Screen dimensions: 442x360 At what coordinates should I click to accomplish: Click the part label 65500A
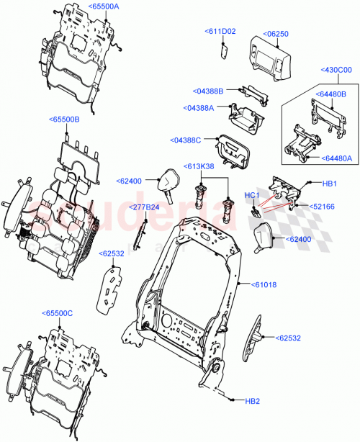click(104, 6)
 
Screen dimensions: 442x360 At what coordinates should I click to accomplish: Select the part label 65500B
click(65, 119)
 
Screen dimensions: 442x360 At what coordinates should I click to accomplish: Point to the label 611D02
click(221, 32)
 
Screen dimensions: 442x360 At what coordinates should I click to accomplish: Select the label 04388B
click(210, 91)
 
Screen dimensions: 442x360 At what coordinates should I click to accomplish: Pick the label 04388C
click(186, 140)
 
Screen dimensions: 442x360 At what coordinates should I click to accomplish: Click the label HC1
click(252, 195)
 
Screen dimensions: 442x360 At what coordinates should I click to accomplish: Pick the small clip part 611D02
click(224, 50)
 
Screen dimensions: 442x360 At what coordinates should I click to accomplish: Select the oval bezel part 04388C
click(233, 150)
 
